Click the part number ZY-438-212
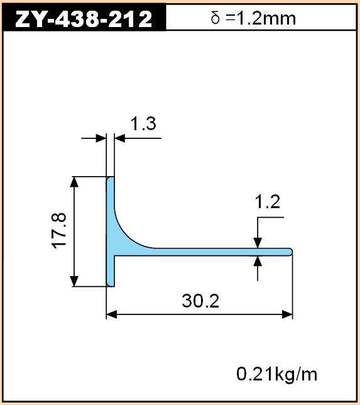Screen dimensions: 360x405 pos(84,19)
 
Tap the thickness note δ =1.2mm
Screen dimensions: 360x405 pos(253,18)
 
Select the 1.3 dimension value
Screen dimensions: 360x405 pos(143,123)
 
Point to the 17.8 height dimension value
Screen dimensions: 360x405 pos(59,231)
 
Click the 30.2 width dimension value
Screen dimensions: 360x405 pos(200,301)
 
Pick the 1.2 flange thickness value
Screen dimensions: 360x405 pos(268,202)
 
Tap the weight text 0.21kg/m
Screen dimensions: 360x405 pos(276,374)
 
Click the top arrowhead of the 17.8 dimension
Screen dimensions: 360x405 pos(74,182)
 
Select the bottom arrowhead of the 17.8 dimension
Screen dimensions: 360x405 pos(74,281)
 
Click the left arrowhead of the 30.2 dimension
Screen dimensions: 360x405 pos(111,314)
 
